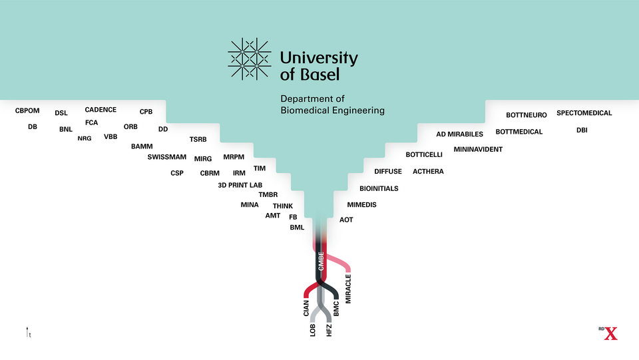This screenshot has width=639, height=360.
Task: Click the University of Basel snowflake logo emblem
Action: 250,59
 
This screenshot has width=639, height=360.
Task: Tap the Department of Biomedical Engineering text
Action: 332,104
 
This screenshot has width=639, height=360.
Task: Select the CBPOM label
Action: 28,110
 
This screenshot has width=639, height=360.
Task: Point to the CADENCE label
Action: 101,110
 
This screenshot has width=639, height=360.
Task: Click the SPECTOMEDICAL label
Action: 584,113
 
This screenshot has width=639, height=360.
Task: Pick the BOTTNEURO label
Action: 526,115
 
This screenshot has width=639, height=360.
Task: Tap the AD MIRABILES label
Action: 459,134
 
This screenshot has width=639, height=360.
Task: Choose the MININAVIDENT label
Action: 478,150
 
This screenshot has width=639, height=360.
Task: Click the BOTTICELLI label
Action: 424,154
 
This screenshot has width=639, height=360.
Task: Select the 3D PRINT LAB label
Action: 240,185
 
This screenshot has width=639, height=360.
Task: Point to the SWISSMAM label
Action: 166,158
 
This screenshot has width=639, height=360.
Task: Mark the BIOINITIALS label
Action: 379,189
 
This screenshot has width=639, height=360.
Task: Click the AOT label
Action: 346,220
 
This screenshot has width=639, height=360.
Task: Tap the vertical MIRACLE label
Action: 348,287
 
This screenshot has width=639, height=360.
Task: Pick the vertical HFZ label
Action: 329,329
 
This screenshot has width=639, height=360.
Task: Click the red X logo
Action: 610,333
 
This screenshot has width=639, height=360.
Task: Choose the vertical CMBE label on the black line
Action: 321,262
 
